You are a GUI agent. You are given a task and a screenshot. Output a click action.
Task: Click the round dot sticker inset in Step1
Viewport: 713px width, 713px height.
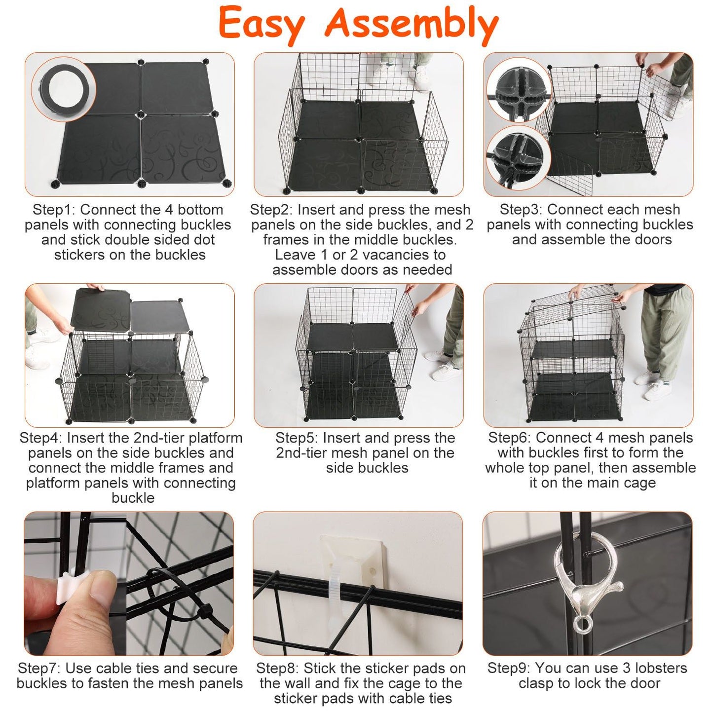pyautogui.click(x=64, y=89)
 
